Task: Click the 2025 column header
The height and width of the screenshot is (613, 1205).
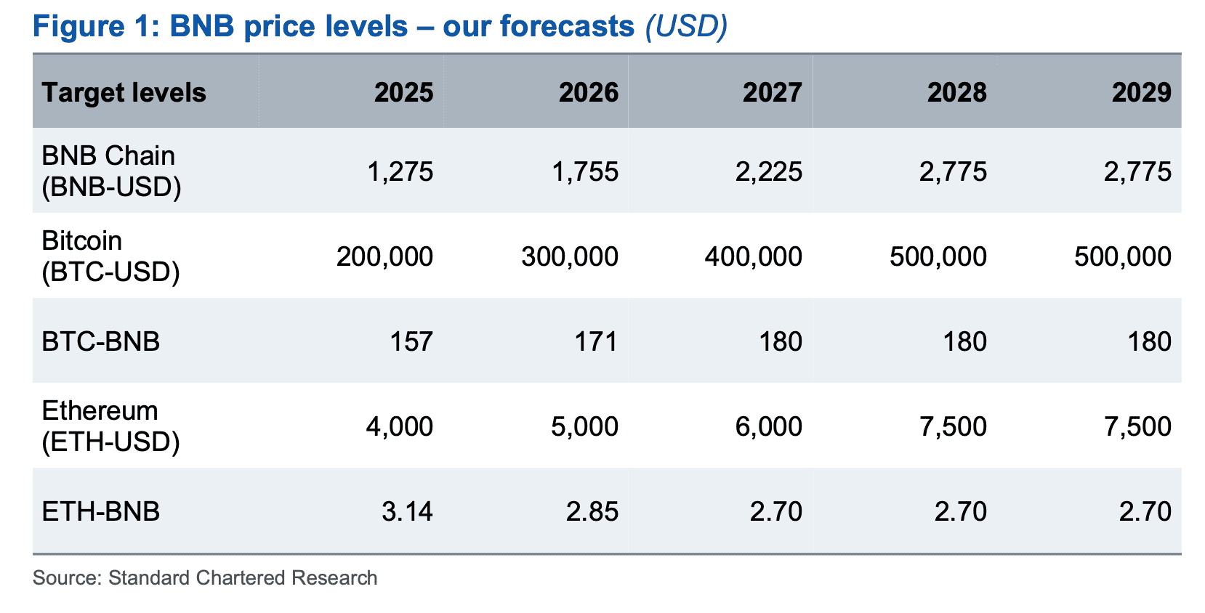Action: point(403,92)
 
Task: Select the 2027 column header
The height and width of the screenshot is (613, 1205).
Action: point(772,92)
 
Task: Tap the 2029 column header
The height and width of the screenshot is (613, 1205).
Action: point(1141,92)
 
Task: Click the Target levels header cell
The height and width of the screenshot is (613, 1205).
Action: point(124,92)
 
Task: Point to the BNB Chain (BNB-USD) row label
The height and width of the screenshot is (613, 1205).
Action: point(111,171)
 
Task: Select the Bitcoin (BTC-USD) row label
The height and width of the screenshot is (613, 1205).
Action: point(110,256)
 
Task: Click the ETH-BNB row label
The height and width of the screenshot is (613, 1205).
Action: point(101,511)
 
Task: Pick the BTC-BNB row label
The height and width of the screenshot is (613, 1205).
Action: point(101,341)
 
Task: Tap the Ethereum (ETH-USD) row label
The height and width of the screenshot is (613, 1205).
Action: point(110,426)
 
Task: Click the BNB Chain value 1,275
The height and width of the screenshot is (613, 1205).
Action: point(400,172)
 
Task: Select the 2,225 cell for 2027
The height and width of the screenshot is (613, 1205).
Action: point(769,172)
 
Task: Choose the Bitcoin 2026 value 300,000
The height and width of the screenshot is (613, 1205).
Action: point(569,257)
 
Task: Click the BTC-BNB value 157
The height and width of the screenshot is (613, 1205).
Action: point(411,342)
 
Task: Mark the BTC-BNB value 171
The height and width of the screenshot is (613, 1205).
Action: point(596,342)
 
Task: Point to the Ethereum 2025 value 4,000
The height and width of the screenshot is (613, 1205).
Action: point(399,427)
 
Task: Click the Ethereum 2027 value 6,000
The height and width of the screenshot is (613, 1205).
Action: point(768,427)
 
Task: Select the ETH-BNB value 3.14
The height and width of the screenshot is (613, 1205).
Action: point(407,512)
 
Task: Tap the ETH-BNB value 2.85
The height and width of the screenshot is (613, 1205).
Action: point(592,512)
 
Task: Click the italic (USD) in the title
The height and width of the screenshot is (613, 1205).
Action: point(686,27)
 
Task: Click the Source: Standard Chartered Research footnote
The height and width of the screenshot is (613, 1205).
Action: point(205,578)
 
